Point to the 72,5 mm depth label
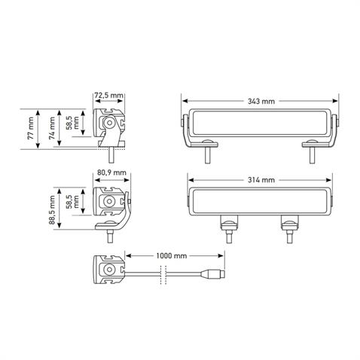(109, 96)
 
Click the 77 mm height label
(30, 129)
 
